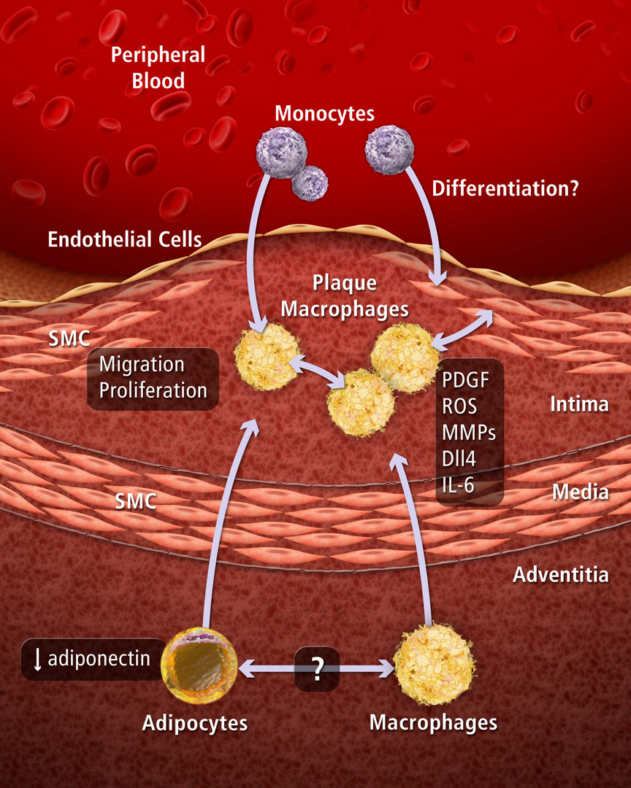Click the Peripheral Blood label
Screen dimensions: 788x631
158,68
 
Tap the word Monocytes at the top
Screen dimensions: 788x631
324,114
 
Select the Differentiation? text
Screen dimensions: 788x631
505,189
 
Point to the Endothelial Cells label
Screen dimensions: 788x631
125,239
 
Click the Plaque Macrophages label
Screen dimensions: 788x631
345,295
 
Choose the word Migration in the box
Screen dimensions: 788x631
142,363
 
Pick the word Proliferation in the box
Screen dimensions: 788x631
153,390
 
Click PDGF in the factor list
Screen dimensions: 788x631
465,380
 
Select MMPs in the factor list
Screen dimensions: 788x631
469,433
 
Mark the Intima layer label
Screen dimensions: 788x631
579,403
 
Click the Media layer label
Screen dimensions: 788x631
581,492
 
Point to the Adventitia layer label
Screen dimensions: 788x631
560,574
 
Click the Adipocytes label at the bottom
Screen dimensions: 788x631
195,723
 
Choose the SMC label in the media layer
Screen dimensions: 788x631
138,501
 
